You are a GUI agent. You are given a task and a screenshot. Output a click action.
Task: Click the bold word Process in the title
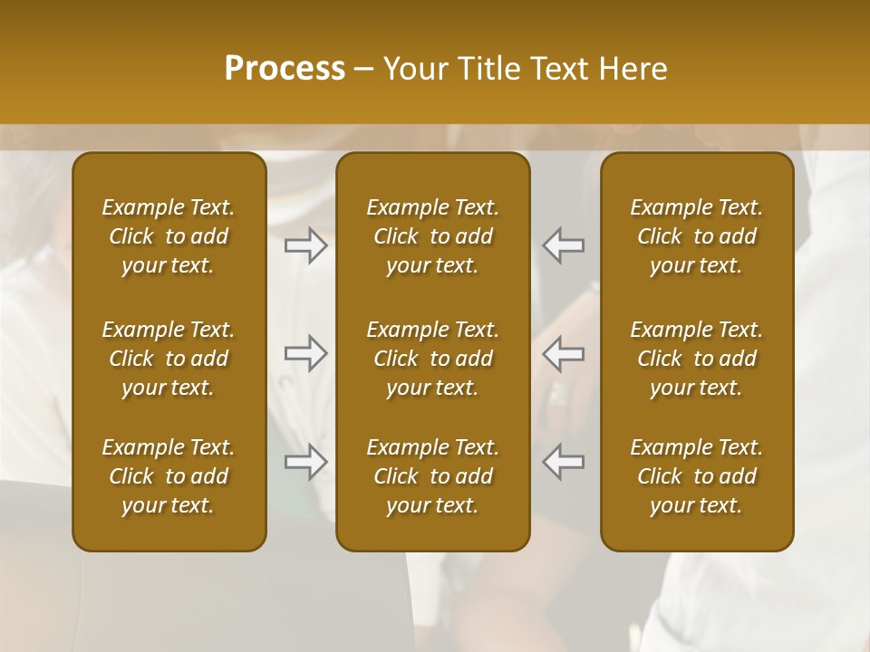285,69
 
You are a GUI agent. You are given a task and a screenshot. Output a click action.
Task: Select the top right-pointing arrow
306,245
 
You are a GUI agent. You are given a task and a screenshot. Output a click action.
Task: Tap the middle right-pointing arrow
306,353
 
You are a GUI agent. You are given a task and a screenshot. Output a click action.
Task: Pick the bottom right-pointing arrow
306,462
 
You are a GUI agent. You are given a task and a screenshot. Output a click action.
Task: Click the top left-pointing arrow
564,245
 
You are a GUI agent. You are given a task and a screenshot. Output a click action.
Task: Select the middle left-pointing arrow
564,353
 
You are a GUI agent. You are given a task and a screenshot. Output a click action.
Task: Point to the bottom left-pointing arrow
564,462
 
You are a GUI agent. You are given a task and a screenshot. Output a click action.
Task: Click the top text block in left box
169,236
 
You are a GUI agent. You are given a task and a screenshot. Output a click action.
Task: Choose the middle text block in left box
169,359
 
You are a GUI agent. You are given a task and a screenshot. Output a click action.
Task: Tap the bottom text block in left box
169,476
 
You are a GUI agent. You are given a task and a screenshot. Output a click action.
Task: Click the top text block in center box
433,236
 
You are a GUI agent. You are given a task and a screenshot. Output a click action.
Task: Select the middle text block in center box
433,359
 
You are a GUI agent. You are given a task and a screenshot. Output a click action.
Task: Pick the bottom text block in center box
433,476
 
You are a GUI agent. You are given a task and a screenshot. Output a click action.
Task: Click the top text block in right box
697,236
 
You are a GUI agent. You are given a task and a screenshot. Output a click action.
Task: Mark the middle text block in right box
697,359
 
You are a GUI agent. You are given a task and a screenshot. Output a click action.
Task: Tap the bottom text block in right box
697,476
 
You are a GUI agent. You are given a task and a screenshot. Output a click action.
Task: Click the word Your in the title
414,69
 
